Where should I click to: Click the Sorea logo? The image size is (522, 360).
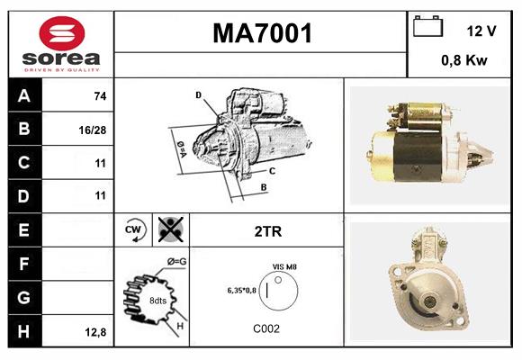click(60, 45)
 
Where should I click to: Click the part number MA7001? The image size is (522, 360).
click(262, 34)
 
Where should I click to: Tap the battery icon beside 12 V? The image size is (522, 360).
click(427, 28)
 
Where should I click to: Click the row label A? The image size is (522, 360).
click(24, 96)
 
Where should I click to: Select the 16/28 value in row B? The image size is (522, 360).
click(93, 130)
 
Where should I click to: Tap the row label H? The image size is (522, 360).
click(24, 331)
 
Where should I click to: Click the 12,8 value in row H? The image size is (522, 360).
click(95, 332)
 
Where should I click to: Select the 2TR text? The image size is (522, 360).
click(268, 231)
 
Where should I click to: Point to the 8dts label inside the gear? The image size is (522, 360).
click(157, 301)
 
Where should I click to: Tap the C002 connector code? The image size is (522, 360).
click(265, 328)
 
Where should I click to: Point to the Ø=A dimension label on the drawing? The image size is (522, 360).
click(180, 146)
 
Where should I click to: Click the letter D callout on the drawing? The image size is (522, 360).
click(198, 94)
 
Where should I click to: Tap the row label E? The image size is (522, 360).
click(24, 230)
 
